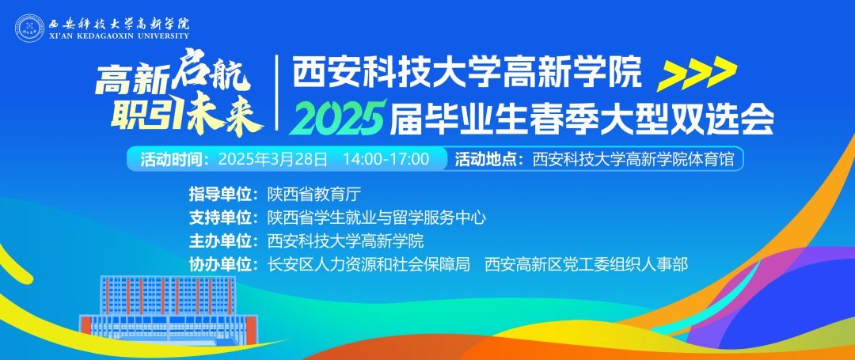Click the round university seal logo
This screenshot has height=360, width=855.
[29, 27]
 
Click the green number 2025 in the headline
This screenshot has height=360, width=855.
[337, 117]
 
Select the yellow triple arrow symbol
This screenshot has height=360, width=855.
[697, 74]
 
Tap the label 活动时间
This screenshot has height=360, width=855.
[173, 160]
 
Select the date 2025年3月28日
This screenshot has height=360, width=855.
[273, 160]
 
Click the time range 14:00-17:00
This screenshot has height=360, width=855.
[386, 160]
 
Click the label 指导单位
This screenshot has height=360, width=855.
[223, 194]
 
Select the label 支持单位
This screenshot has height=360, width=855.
[223, 218]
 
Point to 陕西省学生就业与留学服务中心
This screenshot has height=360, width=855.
[376, 218]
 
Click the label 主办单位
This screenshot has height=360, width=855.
[223, 241]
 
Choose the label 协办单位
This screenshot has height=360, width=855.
[223, 265]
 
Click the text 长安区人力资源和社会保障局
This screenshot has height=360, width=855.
[369, 265]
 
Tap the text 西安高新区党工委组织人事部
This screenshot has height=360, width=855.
[587, 265]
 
